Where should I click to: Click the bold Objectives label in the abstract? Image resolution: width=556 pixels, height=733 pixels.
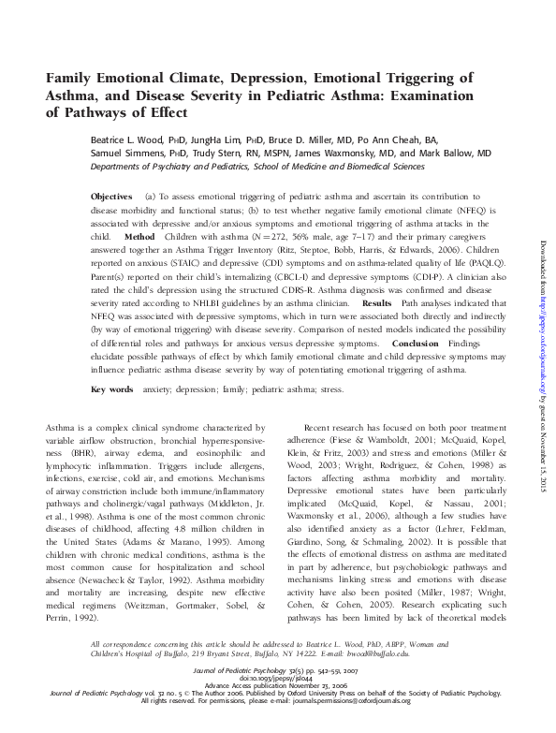point(111,197)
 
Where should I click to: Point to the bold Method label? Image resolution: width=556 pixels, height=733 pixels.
point(139,238)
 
